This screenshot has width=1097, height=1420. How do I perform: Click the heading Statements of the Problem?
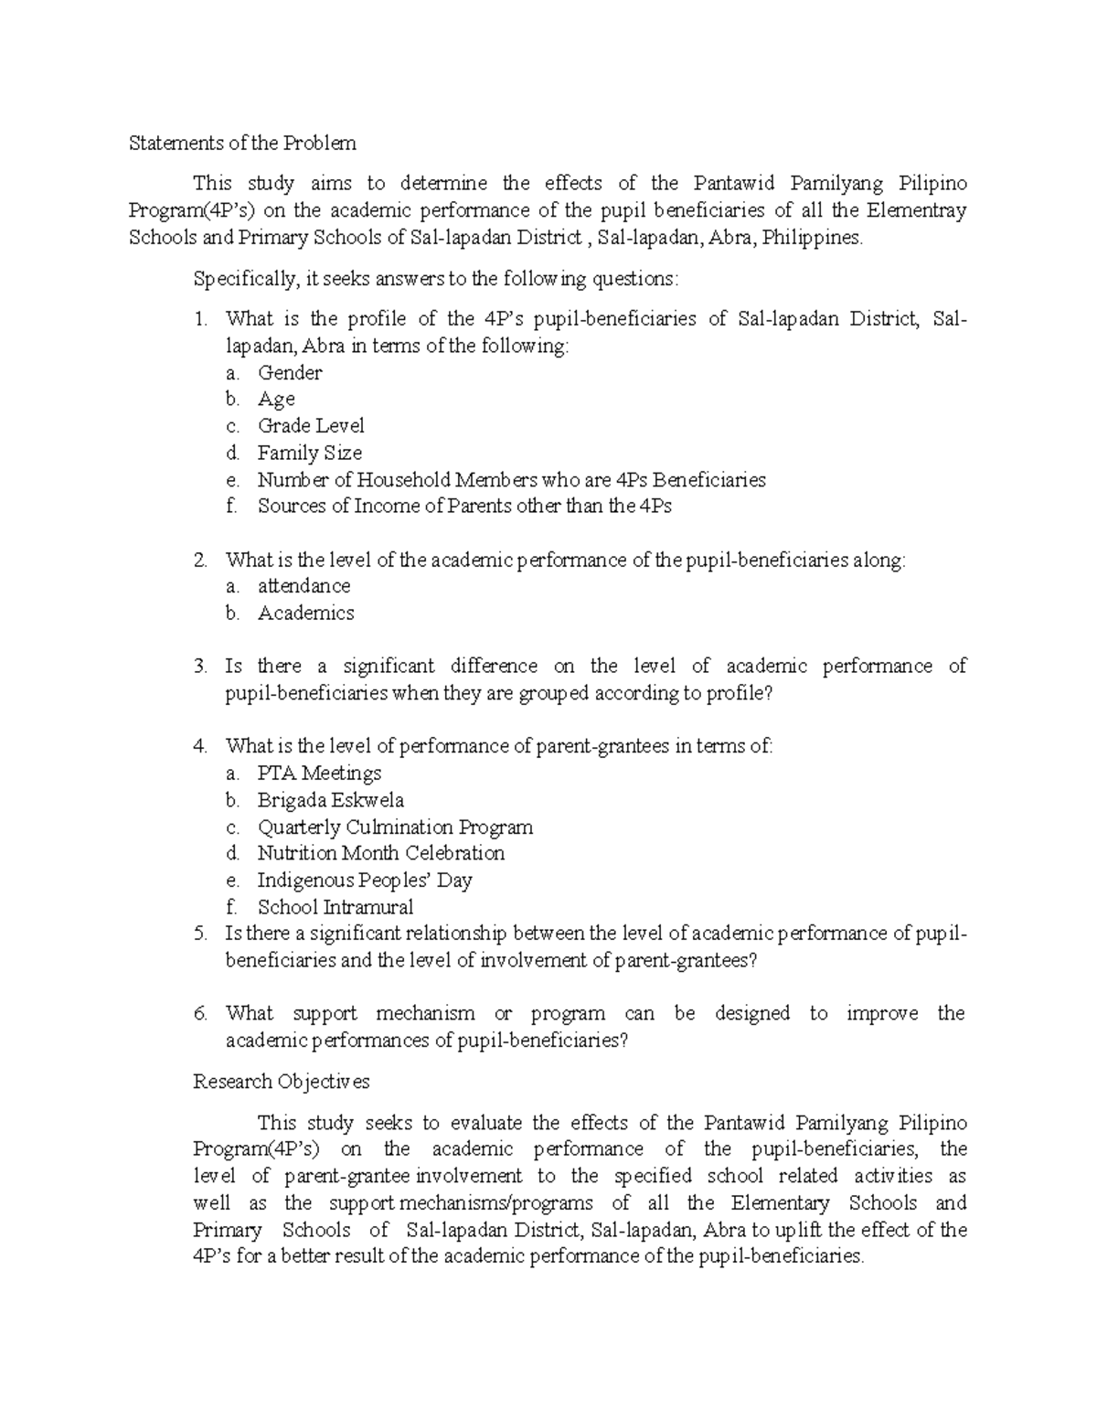pyautogui.click(x=242, y=144)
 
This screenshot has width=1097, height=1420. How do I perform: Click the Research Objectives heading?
pyautogui.click(x=282, y=1082)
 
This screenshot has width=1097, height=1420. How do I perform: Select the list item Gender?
pyautogui.click(x=289, y=373)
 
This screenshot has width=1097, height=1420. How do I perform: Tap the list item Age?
pyautogui.click(x=276, y=400)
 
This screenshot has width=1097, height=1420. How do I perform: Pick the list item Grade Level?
pyautogui.click(x=311, y=426)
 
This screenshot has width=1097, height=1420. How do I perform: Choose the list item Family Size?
pyautogui.click(x=309, y=454)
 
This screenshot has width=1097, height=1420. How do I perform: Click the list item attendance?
pyautogui.click(x=304, y=586)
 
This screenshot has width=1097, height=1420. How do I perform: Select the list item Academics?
pyautogui.click(x=305, y=614)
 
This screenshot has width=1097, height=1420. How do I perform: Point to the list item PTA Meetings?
pyautogui.click(x=319, y=774)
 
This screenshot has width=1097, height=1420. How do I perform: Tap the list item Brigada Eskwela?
pyautogui.click(x=330, y=801)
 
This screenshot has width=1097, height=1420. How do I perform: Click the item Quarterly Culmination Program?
pyautogui.click(x=395, y=827)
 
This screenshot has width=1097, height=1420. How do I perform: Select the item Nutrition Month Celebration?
pyautogui.click(x=380, y=854)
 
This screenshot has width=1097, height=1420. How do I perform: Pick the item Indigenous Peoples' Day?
pyautogui.click(x=364, y=881)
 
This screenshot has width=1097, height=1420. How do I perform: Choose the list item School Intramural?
pyautogui.click(x=335, y=907)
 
